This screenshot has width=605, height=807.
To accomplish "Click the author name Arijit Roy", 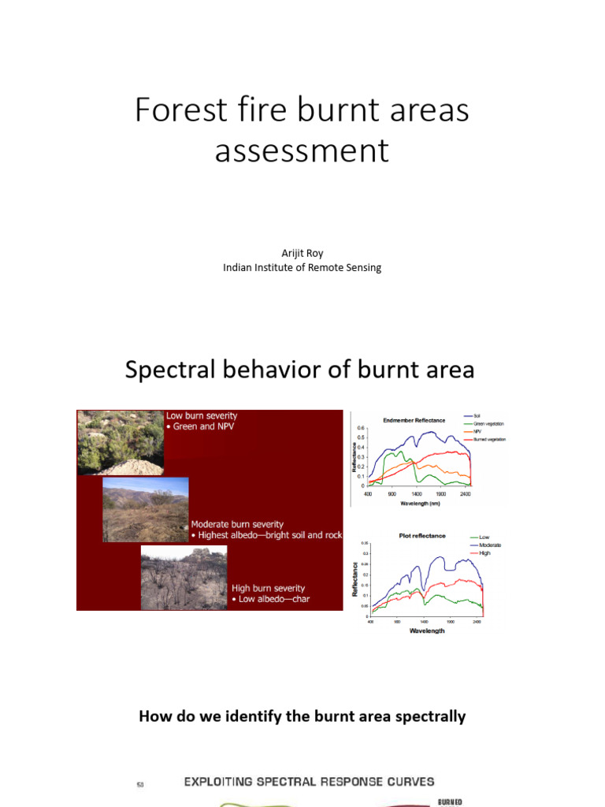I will click(x=302, y=254).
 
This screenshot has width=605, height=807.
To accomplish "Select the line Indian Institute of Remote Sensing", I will click(x=302, y=267).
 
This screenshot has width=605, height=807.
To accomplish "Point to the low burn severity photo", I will click(x=120, y=442).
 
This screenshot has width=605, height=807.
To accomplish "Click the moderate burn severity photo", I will click(x=146, y=509).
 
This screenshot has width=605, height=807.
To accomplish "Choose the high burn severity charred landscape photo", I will click(x=184, y=577).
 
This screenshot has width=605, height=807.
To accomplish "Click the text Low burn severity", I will click(x=202, y=415).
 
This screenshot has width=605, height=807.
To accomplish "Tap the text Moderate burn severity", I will click(x=237, y=524).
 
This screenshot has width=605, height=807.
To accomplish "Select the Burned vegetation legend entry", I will click(x=489, y=439).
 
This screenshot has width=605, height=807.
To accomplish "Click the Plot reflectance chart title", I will click(x=421, y=536).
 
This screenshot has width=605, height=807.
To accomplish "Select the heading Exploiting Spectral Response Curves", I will click(x=309, y=782).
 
